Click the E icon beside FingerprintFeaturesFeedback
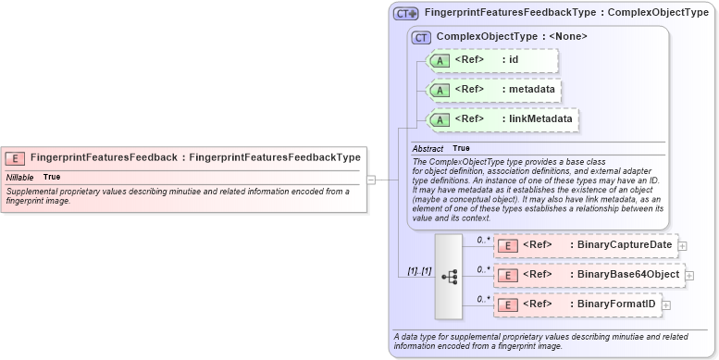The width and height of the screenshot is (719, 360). pos(16,157)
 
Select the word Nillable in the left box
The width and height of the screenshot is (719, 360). pos(20,177)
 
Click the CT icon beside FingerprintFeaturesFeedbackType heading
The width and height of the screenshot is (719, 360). pos(406,13)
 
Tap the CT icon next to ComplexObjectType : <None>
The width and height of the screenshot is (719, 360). pos(422,37)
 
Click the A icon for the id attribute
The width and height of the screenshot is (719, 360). pos(440,60)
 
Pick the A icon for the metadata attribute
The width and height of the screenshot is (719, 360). pos(440,90)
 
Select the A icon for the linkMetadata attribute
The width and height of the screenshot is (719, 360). pos(440,119)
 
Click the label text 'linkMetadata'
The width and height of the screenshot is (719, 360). pos(540,118)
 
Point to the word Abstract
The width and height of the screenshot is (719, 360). pos(428,148)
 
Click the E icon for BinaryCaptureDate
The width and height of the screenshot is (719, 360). pos(507,245)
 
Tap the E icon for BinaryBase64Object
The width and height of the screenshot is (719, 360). pos(507,275)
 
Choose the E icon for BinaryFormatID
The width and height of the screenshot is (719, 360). pos(507,304)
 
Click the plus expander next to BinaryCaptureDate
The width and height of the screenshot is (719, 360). pos(682,245)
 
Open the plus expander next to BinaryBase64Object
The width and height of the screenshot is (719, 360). pos(689,275)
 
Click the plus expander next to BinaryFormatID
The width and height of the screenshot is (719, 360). pos(665,304)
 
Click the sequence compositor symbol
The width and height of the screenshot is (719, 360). pos(449,276)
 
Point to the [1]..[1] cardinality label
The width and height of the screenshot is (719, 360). pos(419,271)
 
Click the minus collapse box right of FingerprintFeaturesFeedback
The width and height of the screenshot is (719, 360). pos(371,180)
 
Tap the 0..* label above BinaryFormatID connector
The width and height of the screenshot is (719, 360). pos(481,298)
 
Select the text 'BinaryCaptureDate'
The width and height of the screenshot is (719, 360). pos(624,245)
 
